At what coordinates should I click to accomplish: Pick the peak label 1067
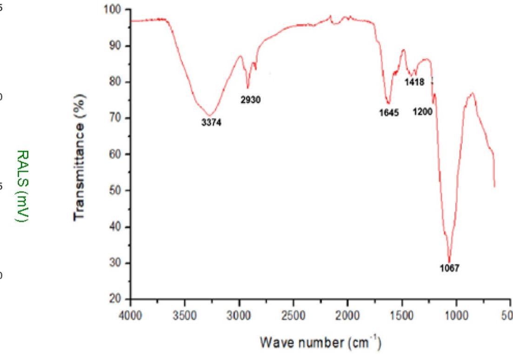pyautogui.click(x=449, y=269)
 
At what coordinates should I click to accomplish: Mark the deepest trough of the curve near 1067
pyautogui.click(x=449, y=262)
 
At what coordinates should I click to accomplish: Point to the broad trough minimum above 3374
pyautogui.click(x=210, y=115)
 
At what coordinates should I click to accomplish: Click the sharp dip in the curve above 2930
pyautogui.click(x=248, y=87)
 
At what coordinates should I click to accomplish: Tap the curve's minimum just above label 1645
pyautogui.click(x=388, y=104)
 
